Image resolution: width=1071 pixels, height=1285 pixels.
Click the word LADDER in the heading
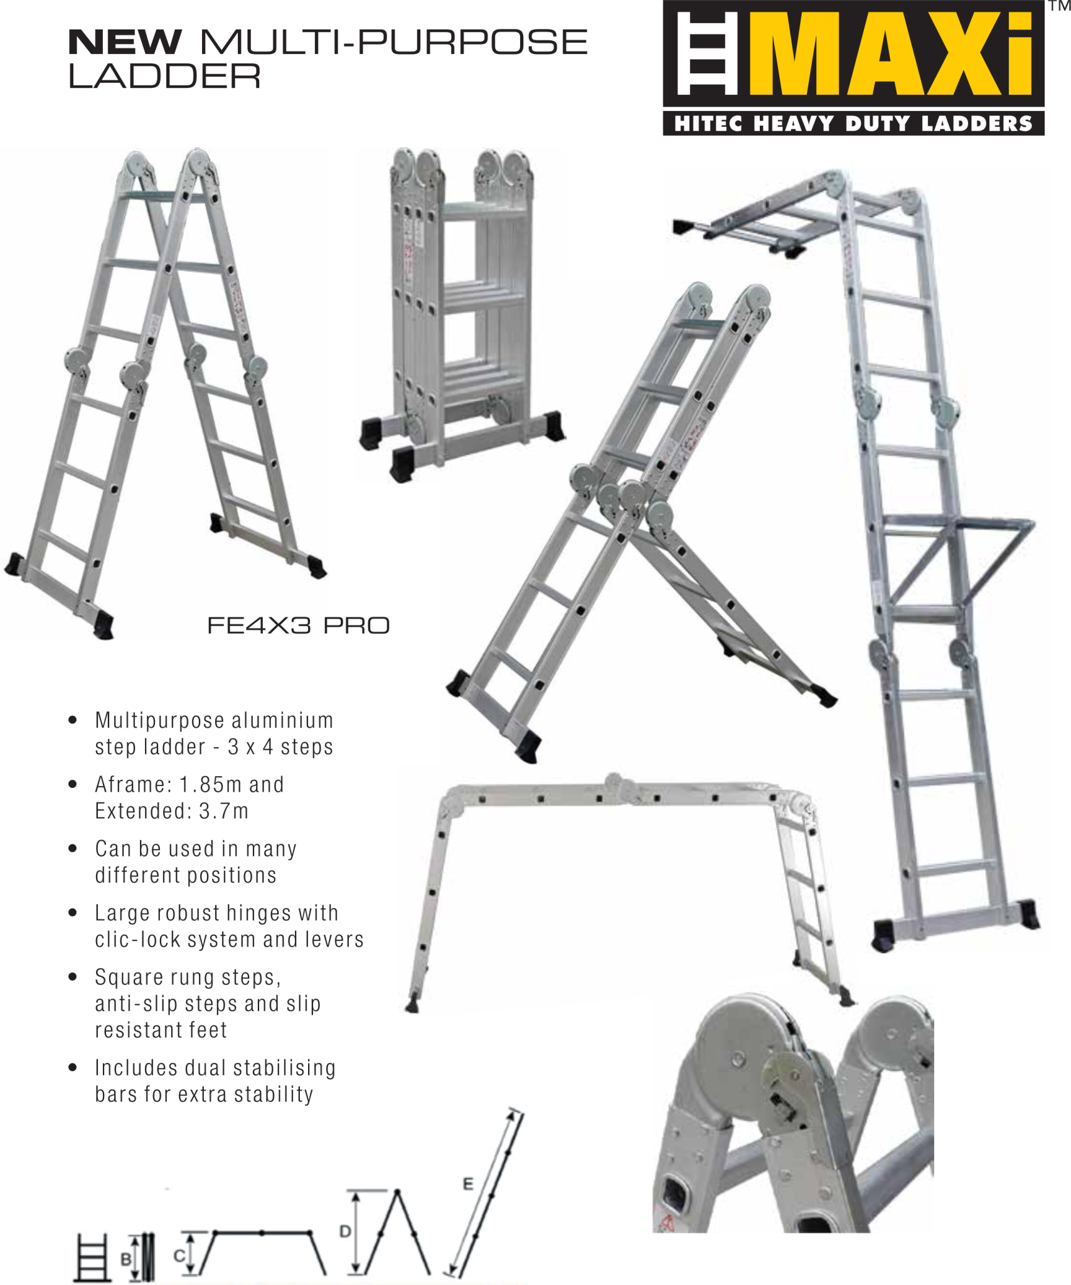[164, 77]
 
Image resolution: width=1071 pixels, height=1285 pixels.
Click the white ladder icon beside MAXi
[706, 55]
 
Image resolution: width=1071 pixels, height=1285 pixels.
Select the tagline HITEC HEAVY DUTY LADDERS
[853, 124]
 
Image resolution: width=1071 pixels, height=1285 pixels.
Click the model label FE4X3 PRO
[298, 626]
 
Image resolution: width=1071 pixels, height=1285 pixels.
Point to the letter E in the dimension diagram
[468, 1184]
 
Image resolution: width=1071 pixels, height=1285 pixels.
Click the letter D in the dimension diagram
[345, 1232]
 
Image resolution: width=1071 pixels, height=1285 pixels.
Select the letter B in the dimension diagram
[126, 1259]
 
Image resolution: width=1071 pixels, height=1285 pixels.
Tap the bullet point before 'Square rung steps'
[73, 977]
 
